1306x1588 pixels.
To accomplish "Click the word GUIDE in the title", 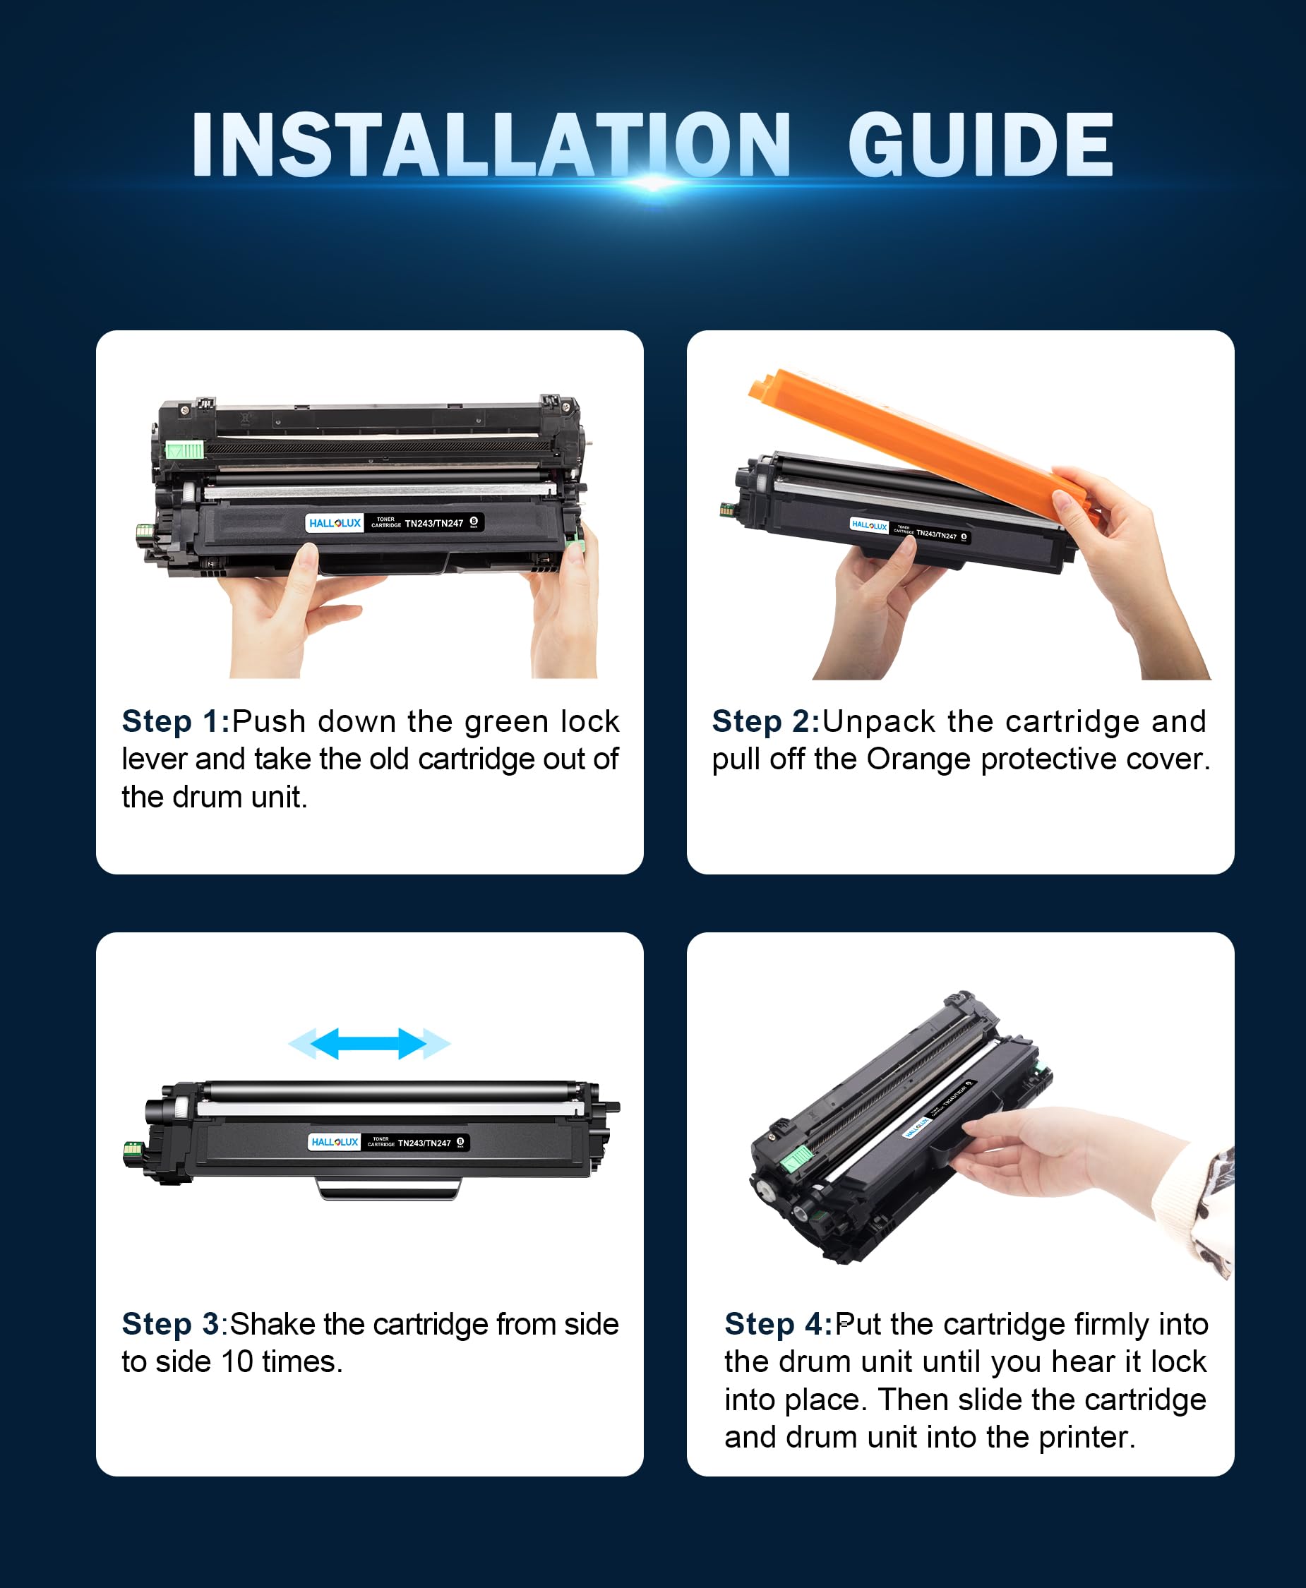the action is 981,145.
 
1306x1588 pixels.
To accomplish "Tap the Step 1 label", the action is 175,721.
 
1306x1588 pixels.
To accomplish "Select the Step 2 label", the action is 766,721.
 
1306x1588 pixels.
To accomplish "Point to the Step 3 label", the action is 171,1324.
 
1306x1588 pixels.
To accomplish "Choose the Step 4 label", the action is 779,1324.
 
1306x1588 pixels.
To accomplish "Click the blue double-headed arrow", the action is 369,1043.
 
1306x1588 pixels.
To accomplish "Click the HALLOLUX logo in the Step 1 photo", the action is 335,523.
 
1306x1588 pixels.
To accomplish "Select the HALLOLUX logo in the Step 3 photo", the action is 335,1142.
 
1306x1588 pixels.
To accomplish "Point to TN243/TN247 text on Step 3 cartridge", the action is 424,1143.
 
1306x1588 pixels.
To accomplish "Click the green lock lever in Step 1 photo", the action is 184,450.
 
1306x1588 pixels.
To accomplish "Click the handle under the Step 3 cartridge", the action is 389,1189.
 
